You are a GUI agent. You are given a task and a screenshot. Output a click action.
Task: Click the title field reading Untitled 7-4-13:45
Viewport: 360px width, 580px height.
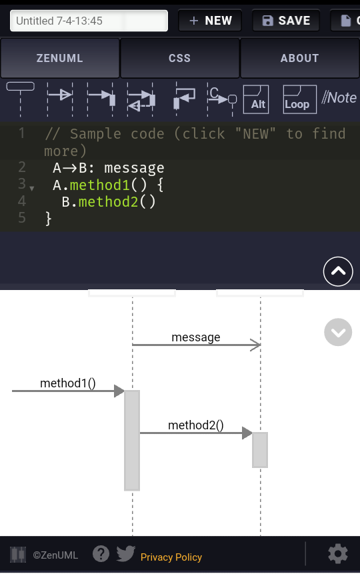(89, 21)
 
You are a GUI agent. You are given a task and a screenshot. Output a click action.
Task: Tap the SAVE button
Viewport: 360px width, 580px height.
(286, 21)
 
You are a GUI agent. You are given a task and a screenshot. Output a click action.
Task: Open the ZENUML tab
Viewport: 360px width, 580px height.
(60, 58)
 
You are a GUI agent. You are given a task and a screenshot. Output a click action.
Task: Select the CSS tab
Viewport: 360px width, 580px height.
(179, 58)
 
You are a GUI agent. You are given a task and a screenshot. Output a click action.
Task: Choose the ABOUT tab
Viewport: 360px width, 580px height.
(299, 58)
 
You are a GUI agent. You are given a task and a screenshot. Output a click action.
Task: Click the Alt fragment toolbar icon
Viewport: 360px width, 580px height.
(256, 99)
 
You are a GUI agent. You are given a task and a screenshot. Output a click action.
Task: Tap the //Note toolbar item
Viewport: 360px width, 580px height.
(339, 98)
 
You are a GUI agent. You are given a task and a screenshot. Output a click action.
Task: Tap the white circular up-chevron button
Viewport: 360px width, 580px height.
(338, 271)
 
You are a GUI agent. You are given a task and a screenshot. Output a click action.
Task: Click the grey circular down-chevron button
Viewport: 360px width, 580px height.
(338, 332)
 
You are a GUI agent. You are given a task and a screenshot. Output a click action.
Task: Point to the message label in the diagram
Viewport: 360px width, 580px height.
(195, 337)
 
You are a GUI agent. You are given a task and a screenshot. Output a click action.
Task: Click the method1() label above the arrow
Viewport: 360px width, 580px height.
(67, 383)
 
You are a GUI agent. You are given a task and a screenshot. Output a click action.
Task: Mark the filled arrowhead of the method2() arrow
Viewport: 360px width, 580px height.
(247, 433)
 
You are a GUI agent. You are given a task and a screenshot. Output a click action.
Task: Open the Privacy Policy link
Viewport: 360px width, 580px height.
(171, 557)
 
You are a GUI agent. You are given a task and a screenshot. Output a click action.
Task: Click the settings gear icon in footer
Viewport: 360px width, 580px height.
(338, 554)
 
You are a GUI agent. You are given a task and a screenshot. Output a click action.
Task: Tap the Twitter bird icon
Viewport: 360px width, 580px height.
(125, 553)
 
